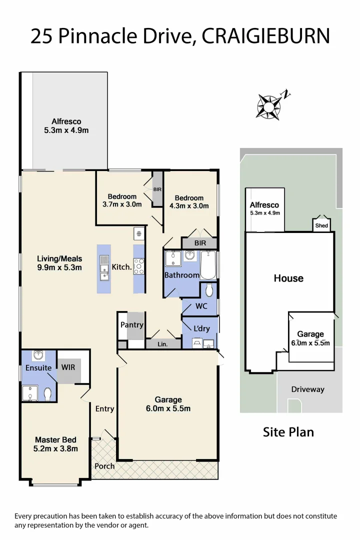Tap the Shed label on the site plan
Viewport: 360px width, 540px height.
(x=321, y=226)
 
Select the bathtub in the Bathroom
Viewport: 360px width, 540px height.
(x=207, y=265)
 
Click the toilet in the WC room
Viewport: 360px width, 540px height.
(x=209, y=289)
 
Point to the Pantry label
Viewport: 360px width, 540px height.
(x=132, y=324)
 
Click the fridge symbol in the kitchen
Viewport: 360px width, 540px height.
(x=138, y=233)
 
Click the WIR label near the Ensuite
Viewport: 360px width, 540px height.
(x=68, y=367)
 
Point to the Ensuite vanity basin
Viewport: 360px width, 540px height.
(x=38, y=355)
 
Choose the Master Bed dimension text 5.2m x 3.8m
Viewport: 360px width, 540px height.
(x=55, y=448)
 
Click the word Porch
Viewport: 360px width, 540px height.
(x=104, y=466)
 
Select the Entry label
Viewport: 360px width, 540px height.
(x=104, y=408)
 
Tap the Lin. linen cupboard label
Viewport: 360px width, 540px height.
(x=162, y=344)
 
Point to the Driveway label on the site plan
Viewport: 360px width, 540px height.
(x=307, y=389)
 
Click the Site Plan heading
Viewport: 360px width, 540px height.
(x=288, y=432)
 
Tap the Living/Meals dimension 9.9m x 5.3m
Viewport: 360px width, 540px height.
(x=59, y=267)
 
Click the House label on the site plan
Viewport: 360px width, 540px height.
(x=288, y=278)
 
